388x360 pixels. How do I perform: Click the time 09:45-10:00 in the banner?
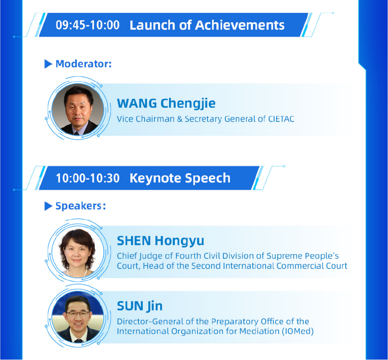(88, 25)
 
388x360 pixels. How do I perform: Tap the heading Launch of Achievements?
(207, 25)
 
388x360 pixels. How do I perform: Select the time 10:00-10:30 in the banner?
(88, 178)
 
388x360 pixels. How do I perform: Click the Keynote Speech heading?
(180, 178)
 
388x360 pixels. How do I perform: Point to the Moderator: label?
(84, 64)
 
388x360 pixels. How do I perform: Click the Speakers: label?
(81, 206)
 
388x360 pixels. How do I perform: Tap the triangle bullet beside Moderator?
(48, 64)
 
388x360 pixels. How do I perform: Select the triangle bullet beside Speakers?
(48, 206)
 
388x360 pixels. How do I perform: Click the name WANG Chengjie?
(166, 103)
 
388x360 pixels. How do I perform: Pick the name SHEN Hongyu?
(160, 241)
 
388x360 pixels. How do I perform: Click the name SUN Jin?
(140, 306)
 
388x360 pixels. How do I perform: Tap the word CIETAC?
(281, 119)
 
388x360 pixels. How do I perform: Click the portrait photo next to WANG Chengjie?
(78, 109)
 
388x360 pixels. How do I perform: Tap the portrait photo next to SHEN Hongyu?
(78, 252)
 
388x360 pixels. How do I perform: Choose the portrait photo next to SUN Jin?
(78, 317)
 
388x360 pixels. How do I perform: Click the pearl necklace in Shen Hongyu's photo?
(77, 273)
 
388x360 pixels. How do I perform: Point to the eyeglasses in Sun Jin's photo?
(78, 313)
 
